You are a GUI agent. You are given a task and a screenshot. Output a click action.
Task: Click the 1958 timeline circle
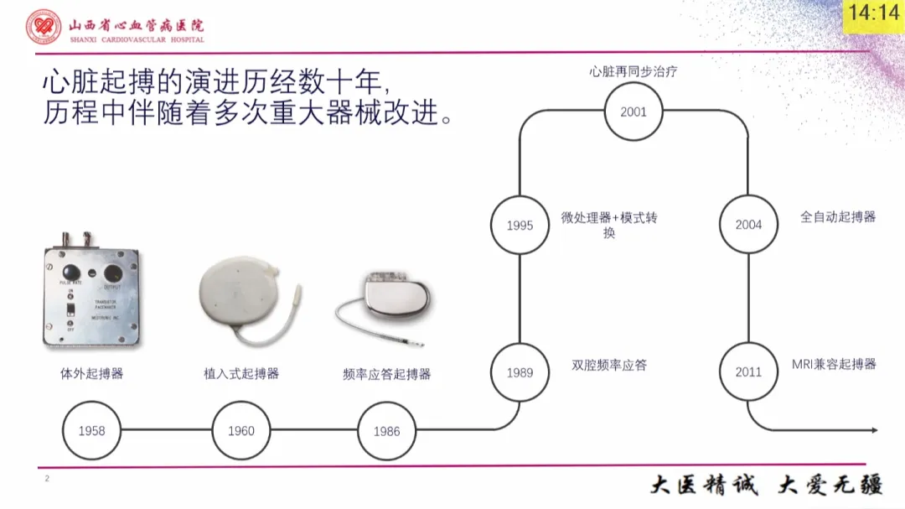pos(91,431)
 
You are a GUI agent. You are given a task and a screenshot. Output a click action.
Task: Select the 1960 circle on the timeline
pos(241,431)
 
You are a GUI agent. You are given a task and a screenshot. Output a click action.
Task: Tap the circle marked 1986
pos(386,431)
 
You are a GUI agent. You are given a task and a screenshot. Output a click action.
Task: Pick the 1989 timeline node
pos(520,372)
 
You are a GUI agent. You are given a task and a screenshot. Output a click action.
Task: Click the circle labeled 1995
pos(520,225)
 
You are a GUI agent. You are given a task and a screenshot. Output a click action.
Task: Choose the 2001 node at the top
pos(633,112)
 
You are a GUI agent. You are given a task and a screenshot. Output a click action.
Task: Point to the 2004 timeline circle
pos(748,225)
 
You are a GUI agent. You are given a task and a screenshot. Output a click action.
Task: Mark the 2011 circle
pos(748,372)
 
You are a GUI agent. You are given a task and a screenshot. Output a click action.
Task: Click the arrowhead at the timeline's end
pos(874,430)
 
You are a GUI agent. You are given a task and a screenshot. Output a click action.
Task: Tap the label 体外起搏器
pos(91,374)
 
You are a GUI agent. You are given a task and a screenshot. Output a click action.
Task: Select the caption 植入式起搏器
pos(241,374)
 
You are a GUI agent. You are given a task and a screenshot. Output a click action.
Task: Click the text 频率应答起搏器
pos(386,374)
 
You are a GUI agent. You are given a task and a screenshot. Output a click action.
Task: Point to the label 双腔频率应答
pos(609,365)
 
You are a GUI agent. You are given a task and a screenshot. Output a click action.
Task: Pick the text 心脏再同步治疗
pos(633,72)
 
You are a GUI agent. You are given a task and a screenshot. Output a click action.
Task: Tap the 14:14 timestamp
pos(872,13)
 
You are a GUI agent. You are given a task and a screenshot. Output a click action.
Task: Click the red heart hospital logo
pos(43,28)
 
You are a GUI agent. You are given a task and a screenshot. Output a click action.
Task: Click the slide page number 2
pos(47,479)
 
